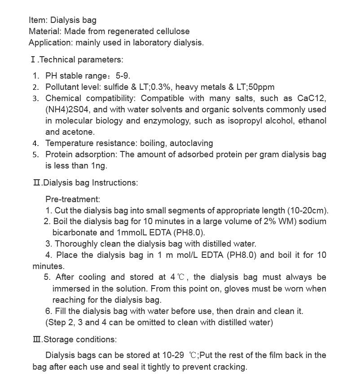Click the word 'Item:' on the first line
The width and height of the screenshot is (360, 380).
point(38,20)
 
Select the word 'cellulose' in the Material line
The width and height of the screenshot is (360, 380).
point(173,31)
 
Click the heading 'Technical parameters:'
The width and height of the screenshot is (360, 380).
point(81,59)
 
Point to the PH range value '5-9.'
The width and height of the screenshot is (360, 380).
point(123,76)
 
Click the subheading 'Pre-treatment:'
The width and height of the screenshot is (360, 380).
point(73,199)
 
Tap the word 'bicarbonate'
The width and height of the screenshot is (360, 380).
point(75,233)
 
